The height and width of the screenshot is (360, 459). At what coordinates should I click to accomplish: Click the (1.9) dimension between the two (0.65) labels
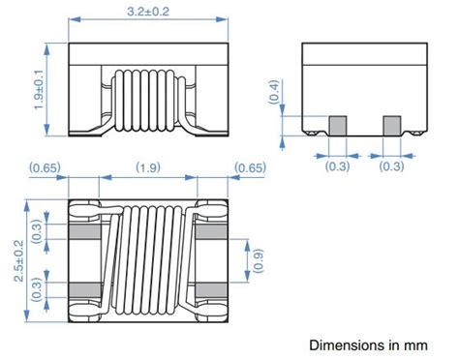(151, 167)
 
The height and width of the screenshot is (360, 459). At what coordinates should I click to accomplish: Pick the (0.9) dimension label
(258, 260)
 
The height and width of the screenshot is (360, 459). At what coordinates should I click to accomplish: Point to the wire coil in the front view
(148, 98)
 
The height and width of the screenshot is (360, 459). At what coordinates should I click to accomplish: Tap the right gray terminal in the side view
(391, 124)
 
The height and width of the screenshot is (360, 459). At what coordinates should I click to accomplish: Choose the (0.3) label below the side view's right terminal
(391, 166)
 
